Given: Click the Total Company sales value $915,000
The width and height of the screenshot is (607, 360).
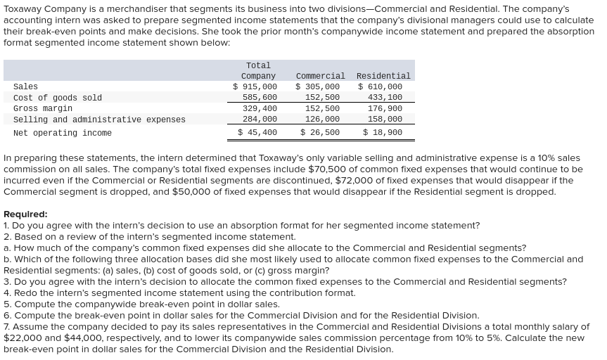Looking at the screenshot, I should (255, 86).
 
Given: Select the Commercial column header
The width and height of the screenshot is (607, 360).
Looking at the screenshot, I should (320, 76).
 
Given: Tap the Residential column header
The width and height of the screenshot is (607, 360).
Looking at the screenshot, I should (383, 76).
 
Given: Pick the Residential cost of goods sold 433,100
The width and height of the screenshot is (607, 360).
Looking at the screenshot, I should (385, 98).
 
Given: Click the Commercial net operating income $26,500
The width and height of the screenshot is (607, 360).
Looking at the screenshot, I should (320, 132).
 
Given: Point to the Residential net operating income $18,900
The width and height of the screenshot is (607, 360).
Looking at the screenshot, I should (383, 132).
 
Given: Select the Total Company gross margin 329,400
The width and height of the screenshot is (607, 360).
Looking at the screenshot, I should (260, 108).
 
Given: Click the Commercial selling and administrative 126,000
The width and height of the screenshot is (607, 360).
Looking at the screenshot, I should (322, 120).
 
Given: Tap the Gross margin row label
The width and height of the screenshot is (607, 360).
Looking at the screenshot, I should (43, 108).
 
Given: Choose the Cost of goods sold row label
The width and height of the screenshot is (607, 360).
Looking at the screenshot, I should (58, 98).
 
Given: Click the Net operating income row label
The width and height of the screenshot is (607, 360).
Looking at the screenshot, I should (63, 133).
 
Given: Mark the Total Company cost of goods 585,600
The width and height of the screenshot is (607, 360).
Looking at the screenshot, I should (260, 98).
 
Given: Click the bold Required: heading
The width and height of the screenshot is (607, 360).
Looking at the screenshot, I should (25, 214).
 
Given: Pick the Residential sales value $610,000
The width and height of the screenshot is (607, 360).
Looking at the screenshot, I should (381, 86).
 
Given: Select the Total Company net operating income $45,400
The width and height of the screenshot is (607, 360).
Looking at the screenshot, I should (257, 132).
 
